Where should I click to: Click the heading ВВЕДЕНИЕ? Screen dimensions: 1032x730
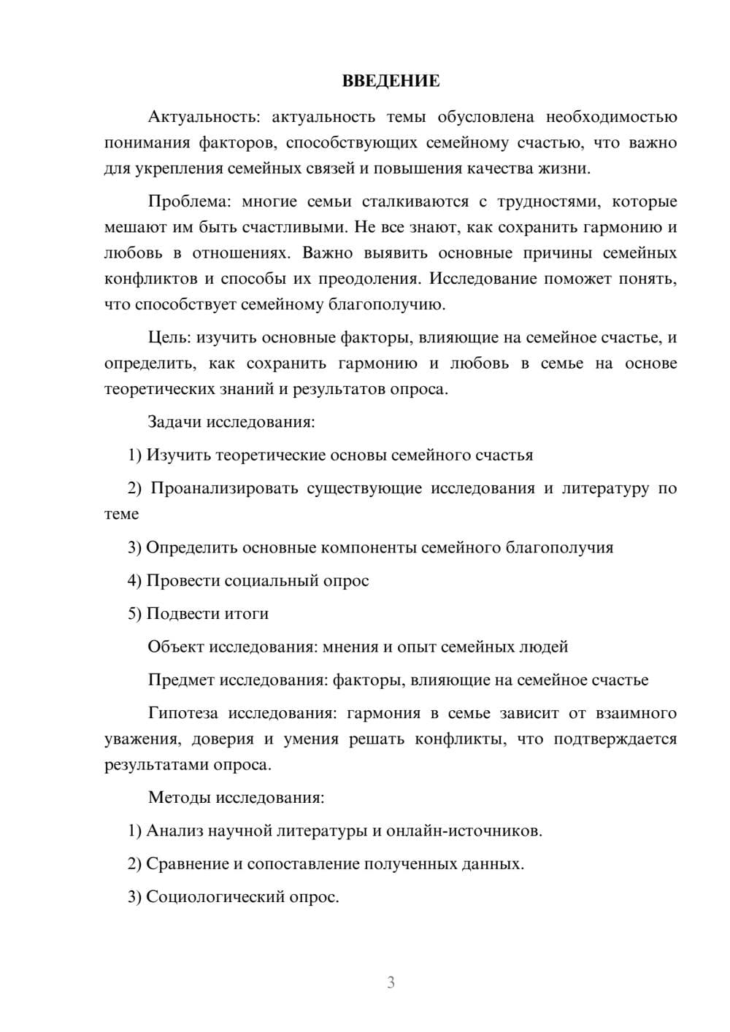point(391,81)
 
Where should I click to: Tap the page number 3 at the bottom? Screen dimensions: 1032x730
point(391,982)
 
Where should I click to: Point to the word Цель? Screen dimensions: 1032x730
point(169,337)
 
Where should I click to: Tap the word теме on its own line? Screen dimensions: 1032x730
point(121,514)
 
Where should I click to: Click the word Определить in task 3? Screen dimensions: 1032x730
point(191,547)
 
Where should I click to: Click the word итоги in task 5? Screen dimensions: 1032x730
point(246,614)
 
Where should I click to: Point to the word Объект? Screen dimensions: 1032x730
point(176,647)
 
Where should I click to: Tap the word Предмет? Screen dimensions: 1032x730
point(181,680)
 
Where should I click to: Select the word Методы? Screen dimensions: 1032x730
point(179,797)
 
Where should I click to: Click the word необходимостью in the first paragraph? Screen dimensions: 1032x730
point(611,117)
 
